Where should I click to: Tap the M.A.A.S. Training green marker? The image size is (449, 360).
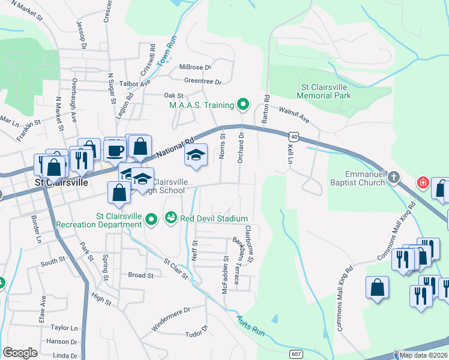pos(243,106)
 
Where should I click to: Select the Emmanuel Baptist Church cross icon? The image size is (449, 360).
pos(393,177)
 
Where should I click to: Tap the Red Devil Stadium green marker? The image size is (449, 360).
pos(171,217)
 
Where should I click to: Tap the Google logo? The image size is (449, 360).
pos(20,352)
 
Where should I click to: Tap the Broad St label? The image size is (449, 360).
pos(140,275)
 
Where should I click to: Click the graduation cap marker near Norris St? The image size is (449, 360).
pos(196,155)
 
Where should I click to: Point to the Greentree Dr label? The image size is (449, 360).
pos(202,82)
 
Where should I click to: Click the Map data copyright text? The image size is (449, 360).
pos(423,355)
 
